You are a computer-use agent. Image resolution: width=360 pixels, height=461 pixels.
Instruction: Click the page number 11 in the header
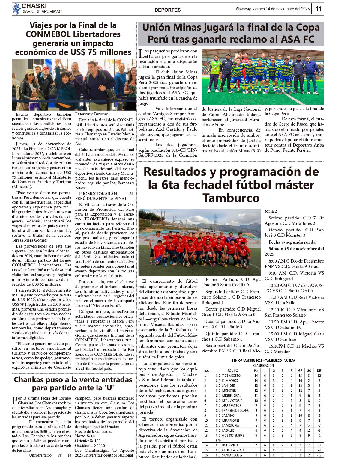[x=319, y=9]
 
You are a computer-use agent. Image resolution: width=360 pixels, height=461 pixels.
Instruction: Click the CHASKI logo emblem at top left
[x=16, y=8]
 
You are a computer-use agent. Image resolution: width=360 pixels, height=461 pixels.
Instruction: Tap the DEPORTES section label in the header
[x=167, y=10]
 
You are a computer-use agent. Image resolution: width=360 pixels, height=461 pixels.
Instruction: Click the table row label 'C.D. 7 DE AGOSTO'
[x=228, y=376]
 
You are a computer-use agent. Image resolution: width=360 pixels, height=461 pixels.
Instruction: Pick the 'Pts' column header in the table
[x=256, y=370]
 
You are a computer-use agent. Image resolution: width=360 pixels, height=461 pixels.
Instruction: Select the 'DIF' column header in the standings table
[x=319, y=370]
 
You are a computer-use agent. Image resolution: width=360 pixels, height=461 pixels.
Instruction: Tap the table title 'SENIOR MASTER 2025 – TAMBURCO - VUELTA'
[x=263, y=361]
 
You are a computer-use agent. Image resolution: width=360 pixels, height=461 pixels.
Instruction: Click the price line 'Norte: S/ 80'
[x=85, y=436]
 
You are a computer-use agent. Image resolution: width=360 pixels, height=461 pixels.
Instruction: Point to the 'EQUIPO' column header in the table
[x=232, y=370]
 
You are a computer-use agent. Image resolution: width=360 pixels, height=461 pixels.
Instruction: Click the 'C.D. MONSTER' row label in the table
[x=226, y=391]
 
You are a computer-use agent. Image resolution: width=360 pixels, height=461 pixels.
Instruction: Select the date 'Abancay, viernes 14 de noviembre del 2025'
[x=272, y=9]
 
